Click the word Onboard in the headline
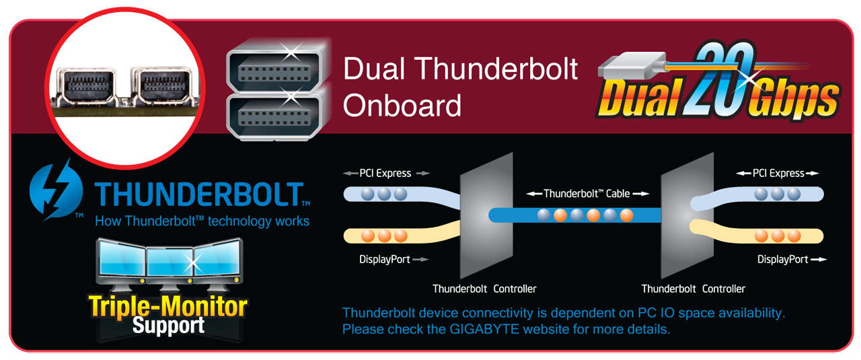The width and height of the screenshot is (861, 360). (402, 106)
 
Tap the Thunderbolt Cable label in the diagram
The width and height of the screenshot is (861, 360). (587, 194)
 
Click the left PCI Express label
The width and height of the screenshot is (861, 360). (385, 174)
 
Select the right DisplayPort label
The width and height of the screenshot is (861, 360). (782, 260)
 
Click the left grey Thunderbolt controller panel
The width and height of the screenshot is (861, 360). (486, 215)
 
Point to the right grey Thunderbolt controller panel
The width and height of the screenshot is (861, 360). (687, 215)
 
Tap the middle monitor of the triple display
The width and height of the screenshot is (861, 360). (170, 262)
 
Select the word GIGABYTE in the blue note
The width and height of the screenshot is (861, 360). (484, 329)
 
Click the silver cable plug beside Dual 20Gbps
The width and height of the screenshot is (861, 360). (630, 66)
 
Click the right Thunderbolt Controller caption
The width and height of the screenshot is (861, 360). (694, 289)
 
